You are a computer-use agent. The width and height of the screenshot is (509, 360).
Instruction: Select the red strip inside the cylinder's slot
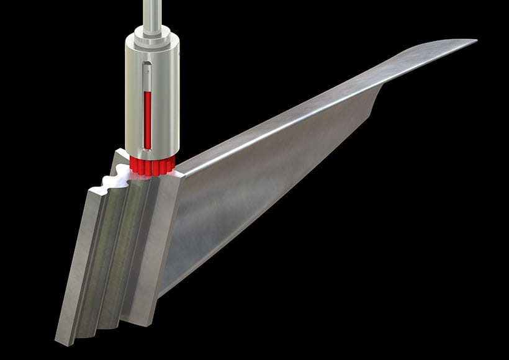[147, 118]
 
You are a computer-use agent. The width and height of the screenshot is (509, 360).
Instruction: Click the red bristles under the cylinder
[152, 165]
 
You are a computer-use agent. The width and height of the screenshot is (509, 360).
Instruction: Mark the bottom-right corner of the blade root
[150, 324]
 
